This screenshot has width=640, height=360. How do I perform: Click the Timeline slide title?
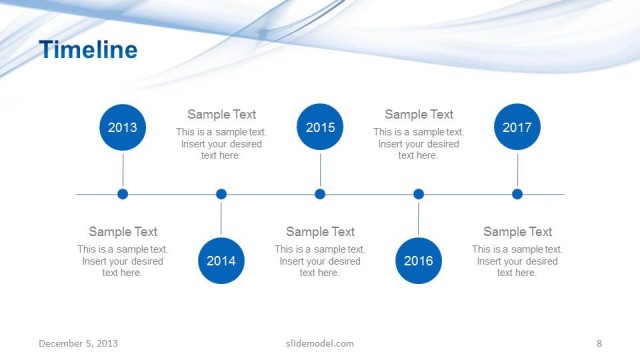[x=88, y=49]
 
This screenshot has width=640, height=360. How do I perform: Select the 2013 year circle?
[x=123, y=127]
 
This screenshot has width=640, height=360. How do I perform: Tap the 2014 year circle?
[x=221, y=261]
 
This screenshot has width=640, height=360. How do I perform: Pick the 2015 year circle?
[x=320, y=127]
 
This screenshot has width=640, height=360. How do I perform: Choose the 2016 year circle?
[x=418, y=261]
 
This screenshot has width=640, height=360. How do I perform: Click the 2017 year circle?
[x=517, y=127]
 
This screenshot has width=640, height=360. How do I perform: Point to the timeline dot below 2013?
[x=123, y=194]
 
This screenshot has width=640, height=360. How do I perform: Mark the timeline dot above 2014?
[x=221, y=194]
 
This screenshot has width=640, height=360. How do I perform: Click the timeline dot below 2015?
[x=320, y=194]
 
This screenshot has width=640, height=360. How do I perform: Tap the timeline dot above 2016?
[x=418, y=194]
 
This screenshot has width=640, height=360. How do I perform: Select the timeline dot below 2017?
[x=517, y=194]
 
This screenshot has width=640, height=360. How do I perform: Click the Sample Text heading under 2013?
[x=123, y=232]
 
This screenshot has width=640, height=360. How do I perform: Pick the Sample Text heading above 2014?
[x=222, y=115]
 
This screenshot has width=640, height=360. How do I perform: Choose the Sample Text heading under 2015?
[x=320, y=232]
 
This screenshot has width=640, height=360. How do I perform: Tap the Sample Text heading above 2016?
[x=419, y=115]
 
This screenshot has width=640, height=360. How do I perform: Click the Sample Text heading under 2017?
[x=518, y=232]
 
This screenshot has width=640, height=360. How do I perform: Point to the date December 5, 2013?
[x=78, y=344]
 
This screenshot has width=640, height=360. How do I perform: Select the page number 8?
[x=598, y=344]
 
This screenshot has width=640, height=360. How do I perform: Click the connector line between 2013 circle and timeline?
[x=123, y=170]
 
